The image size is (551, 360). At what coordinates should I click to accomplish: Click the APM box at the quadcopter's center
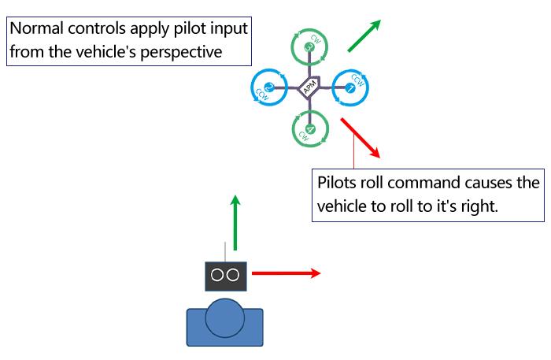[309, 89]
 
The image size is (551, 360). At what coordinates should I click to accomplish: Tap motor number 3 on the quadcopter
[309, 48]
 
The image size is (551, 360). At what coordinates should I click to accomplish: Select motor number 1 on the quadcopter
[350, 87]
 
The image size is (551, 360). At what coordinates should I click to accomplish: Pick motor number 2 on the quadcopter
[268, 87]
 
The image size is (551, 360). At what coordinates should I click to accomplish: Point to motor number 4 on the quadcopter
[310, 128]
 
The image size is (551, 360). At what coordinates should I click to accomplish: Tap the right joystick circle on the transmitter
[234, 274]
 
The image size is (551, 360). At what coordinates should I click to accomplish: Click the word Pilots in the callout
[337, 183]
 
